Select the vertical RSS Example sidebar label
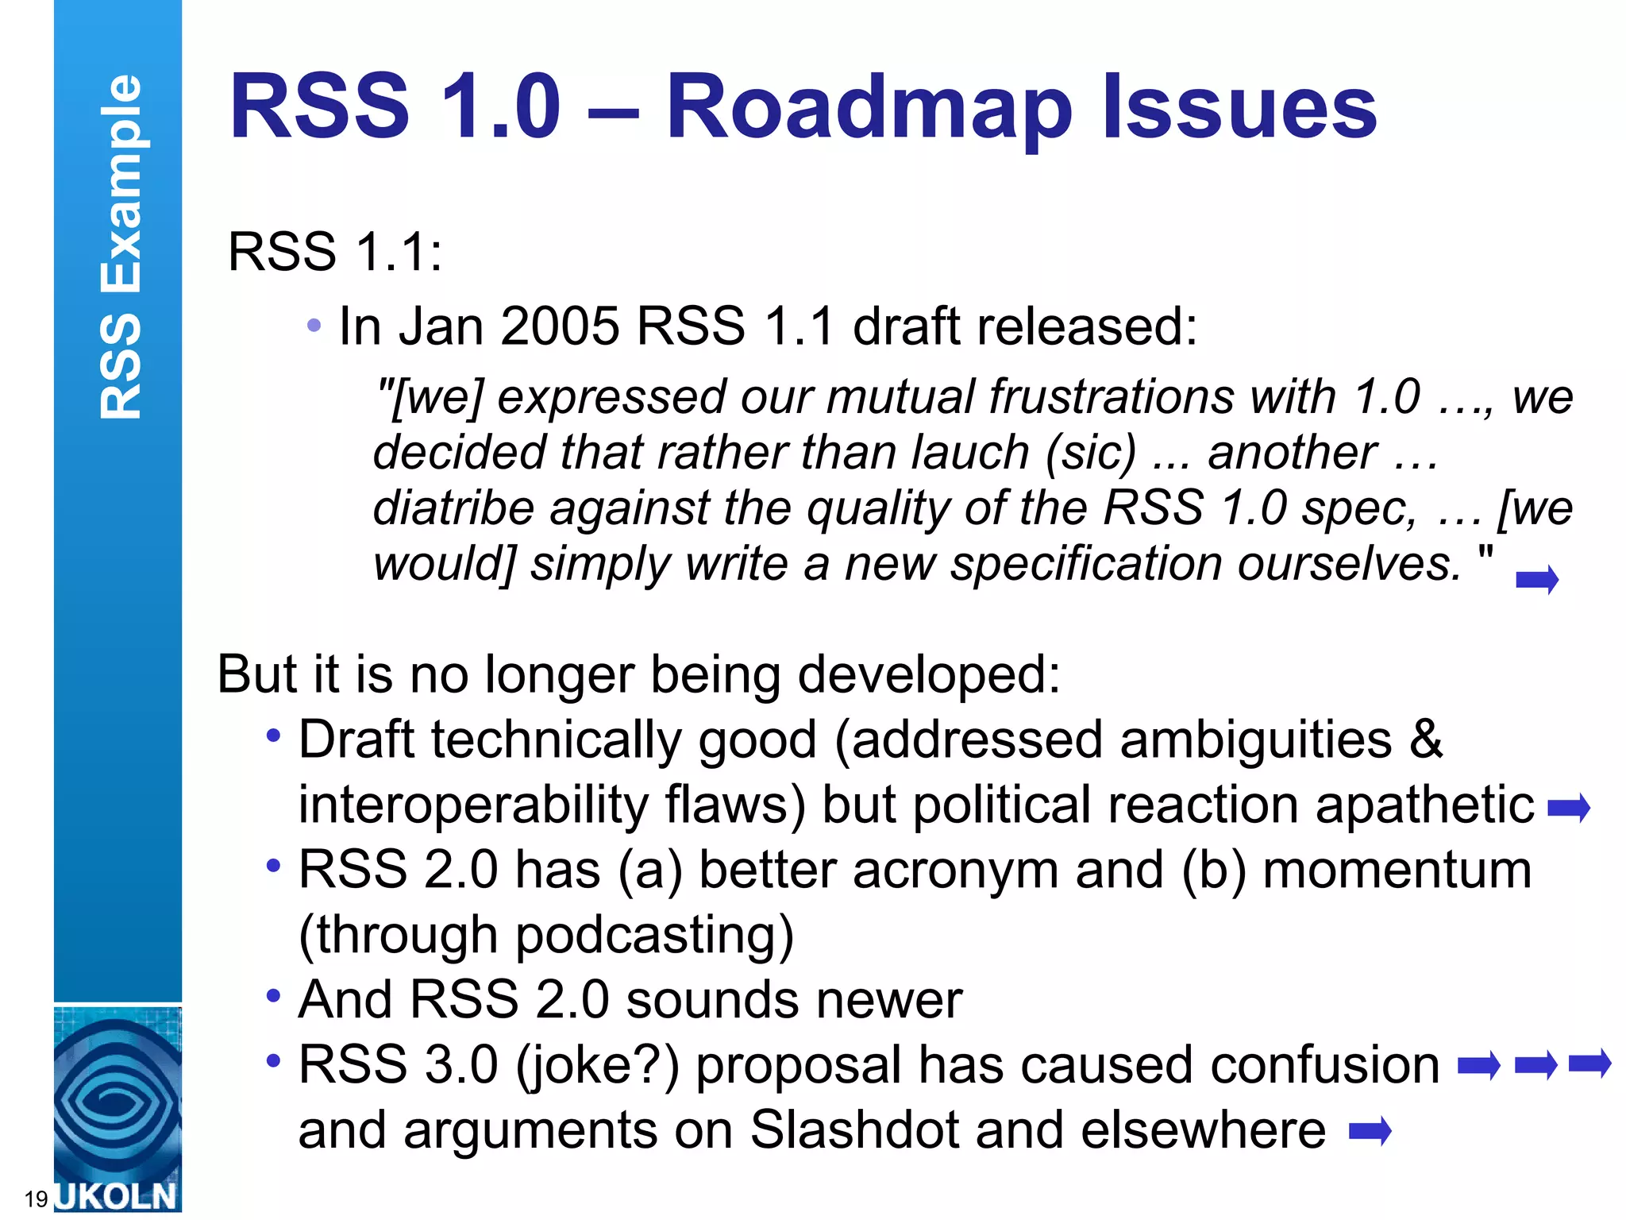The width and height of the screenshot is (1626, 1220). (x=121, y=246)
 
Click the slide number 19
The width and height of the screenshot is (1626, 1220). (x=37, y=1199)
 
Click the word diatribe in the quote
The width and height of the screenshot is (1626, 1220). (x=453, y=508)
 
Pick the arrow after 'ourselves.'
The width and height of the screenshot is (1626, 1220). (x=1537, y=580)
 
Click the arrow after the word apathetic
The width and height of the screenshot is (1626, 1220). (x=1569, y=809)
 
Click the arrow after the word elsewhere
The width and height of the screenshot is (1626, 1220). (x=1370, y=1130)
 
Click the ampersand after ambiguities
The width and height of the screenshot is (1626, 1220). (x=1426, y=739)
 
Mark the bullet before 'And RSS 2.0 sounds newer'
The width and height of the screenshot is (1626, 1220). (x=274, y=995)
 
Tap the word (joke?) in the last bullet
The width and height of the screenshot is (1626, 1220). (x=597, y=1065)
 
